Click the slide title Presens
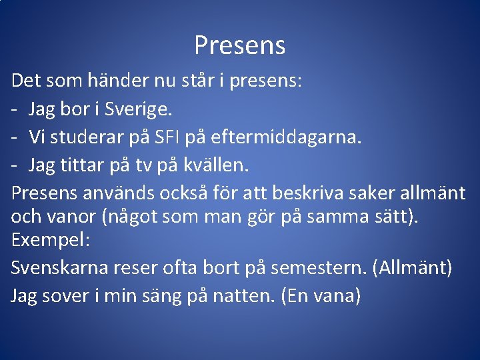tap(240, 45)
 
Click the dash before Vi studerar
tap(15, 137)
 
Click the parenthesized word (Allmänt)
tap(413, 268)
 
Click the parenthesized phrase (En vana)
tap(321, 296)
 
